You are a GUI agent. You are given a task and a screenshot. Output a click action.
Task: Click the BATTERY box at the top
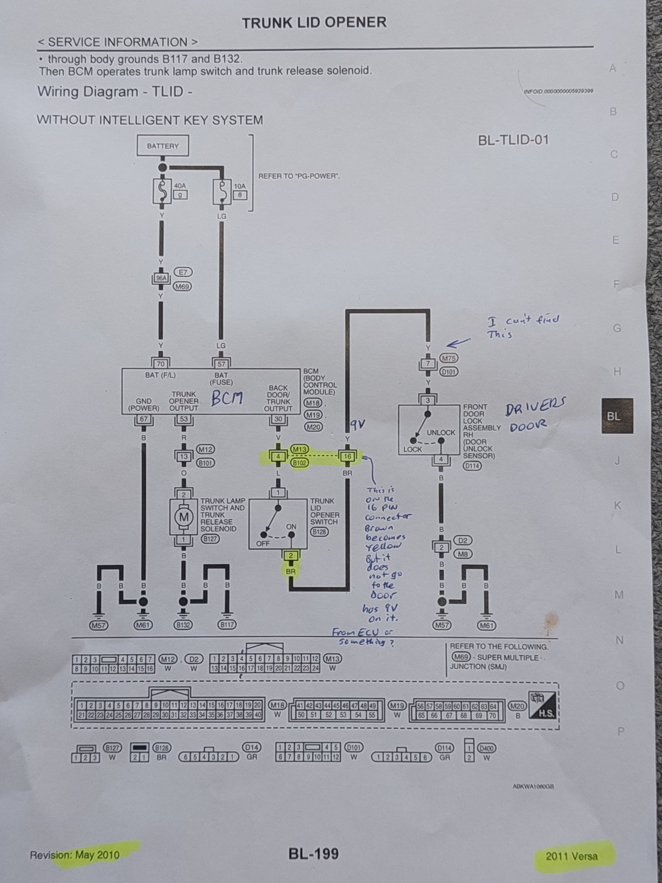pos(163,146)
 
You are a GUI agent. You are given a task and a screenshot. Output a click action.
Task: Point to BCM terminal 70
pos(161,364)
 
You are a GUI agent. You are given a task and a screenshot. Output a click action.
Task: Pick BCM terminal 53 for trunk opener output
pos(184,419)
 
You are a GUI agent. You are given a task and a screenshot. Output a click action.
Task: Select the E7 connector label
pos(183,272)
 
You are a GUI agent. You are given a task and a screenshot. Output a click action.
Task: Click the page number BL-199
pos(314,854)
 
